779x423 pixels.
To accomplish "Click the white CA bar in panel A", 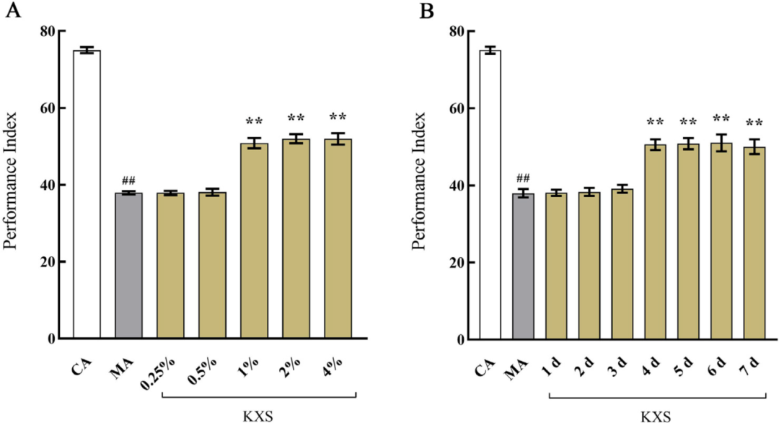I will pyautogui.click(x=87, y=195).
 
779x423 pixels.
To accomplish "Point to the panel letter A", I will pyautogui.click(x=12, y=13).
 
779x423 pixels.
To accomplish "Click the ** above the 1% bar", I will pyautogui.click(x=254, y=121).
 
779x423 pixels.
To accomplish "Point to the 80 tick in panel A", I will pyautogui.click(x=47, y=32).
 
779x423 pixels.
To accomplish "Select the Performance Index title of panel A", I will pyautogui.click(x=12, y=186).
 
